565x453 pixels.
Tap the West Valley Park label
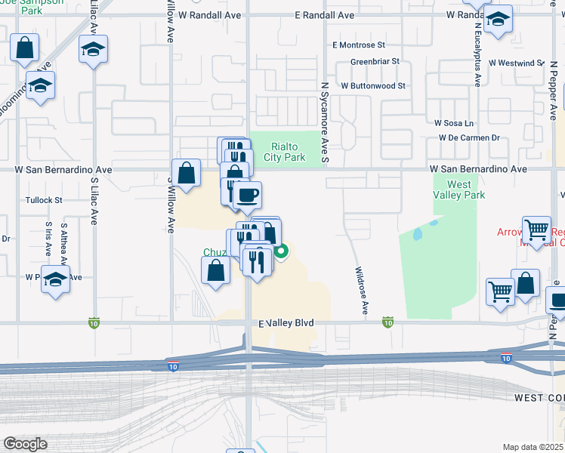(x=458, y=190)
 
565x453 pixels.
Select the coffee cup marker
(x=246, y=196)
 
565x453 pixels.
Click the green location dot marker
(x=280, y=252)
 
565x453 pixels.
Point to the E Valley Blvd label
(x=286, y=323)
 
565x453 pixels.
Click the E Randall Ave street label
(x=325, y=15)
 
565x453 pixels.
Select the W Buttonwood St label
(x=373, y=86)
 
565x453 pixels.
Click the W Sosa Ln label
(x=453, y=122)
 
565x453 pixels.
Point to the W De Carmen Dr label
(x=470, y=138)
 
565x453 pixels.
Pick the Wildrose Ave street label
(x=363, y=290)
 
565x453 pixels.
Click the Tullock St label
(x=42, y=200)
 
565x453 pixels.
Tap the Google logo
(x=25, y=443)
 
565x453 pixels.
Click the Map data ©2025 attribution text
(x=533, y=447)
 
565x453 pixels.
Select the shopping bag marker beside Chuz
(x=215, y=271)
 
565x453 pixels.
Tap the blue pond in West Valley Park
(x=418, y=234)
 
